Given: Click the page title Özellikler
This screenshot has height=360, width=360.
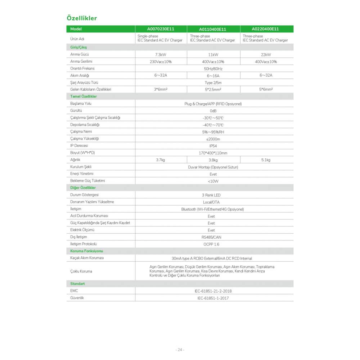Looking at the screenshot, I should [82, 18].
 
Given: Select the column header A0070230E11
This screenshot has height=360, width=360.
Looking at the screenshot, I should [161, 29].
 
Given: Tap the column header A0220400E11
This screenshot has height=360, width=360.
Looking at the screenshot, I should [265, 29].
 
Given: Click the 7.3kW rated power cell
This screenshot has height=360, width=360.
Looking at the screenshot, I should [161, 55].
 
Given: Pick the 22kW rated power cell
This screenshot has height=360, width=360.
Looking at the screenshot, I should [266, 55].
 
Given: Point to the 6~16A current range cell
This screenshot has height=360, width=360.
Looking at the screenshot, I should [213, 76].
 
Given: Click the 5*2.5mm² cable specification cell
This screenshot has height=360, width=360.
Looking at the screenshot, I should [213, 90].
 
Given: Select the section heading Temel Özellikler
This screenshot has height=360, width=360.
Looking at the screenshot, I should [84, 96].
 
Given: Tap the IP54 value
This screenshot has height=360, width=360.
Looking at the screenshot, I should [213, 146].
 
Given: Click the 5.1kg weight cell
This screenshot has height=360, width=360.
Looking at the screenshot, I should [266, 160].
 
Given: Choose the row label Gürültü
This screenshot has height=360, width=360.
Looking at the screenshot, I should [76, 111].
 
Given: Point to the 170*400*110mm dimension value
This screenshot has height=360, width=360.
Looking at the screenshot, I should [213, 153].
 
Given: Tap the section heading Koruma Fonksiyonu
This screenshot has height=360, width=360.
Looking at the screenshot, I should [86, 251].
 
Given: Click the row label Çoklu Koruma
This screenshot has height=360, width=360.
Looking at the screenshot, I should [81, 271].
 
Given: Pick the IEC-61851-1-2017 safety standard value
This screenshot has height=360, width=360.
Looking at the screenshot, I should [213, 298].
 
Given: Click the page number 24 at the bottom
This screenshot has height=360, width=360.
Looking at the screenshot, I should [180, 350].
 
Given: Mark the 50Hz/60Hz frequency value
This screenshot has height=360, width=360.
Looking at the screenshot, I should [213, 68].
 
